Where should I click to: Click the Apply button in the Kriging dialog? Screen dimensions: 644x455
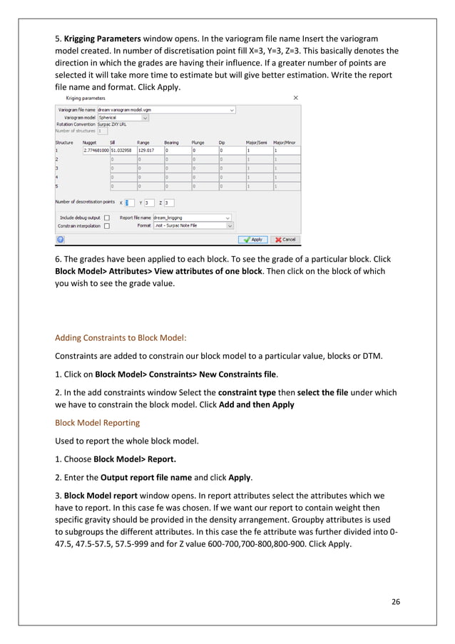[252, 240]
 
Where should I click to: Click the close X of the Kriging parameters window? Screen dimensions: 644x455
[296, 97]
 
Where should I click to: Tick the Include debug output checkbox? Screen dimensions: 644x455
[106, 218]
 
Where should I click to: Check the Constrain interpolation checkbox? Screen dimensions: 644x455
[106, 225]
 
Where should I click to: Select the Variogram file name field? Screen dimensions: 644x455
[165, 111]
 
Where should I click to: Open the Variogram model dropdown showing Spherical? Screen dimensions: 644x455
[123, 118]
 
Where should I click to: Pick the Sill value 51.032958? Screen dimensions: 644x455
[122, 151]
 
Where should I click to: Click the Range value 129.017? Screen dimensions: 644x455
[148, 151]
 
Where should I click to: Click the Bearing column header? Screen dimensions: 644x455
[171, 143]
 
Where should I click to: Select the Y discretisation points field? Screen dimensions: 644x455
[149, 203]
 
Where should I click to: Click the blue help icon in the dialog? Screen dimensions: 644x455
[61, 240]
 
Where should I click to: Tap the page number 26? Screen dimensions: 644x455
[395, 601]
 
